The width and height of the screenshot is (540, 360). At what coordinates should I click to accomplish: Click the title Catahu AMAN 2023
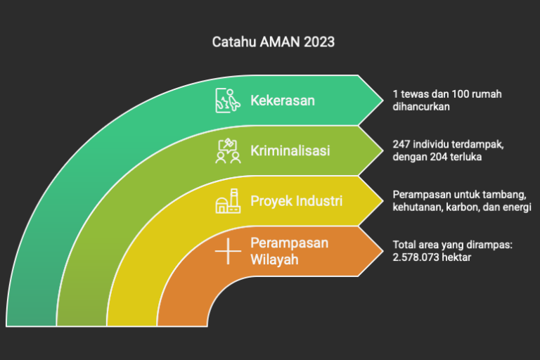pos(273,42)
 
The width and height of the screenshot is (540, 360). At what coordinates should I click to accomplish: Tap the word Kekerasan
pos(283,101)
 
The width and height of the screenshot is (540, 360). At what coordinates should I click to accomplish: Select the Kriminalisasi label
pos(290,150)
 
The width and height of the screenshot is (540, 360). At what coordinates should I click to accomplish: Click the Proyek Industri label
pos(296,201)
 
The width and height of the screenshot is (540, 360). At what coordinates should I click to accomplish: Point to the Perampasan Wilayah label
pos(289,251)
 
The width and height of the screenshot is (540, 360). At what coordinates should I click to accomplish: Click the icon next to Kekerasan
pos(228,101)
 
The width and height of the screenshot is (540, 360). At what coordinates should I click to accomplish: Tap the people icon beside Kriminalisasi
pos(228,151)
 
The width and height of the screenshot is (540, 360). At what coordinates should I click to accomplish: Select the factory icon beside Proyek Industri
pos(228,201)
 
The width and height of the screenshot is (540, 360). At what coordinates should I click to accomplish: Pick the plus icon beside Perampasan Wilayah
pos(228,252)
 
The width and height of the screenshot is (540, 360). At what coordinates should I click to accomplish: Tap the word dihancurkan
pos(421,107)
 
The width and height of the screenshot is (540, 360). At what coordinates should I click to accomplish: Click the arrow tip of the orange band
pos(383,251)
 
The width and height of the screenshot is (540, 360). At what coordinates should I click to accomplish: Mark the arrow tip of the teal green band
pos(383,101)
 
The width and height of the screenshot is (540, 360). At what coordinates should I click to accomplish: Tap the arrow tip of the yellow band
pos(383,201)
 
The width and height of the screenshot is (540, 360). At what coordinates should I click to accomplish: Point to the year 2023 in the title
pos(319,42)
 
